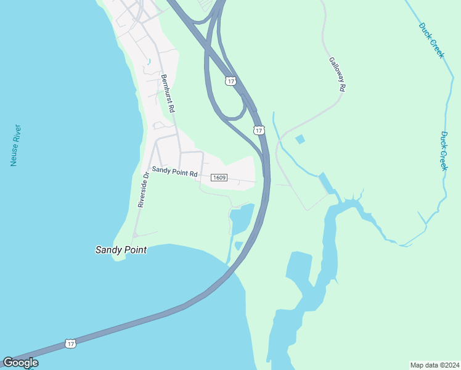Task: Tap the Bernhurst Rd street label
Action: pos(168,93)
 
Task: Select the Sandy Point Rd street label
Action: pos(175,171)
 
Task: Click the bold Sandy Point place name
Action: pos(121,250)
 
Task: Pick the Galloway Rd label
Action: pos(336,75)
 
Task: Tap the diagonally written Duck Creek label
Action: pos(431,41)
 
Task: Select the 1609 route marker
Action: pos(219,178)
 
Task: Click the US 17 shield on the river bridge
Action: pos(71,343)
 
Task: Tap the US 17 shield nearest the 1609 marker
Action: pos(259,130)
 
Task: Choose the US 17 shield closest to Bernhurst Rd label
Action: pos(230,81)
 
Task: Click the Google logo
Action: pos(20,363)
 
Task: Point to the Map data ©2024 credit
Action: pos(434,364)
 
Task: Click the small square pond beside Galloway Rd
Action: pos(300,139)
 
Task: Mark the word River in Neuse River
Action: pos(18,136)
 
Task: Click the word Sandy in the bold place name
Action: pos(107,250)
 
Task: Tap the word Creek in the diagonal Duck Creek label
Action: pos(437,49)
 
